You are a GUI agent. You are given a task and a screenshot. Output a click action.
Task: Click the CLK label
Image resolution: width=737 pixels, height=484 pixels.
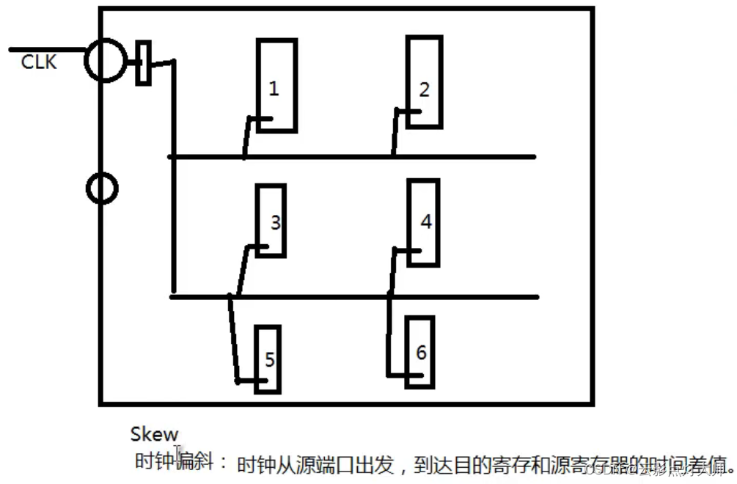(39, 62)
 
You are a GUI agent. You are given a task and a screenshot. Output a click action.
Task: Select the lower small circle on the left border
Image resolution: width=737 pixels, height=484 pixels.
(102, 188)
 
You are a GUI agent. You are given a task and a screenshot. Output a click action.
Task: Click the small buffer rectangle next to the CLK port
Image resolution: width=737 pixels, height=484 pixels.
(144, 63)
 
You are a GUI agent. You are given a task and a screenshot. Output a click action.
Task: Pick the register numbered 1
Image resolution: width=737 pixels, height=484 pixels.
(277, 84)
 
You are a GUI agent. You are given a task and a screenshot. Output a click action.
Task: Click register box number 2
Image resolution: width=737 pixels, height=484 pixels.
(425, 81)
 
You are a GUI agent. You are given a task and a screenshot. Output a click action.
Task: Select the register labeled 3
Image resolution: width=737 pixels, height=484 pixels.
(271, 220)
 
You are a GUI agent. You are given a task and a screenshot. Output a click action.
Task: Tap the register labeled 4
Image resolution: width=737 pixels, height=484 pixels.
(423, 222)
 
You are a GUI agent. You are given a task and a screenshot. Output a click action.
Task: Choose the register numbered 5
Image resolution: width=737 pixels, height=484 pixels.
(268, 359)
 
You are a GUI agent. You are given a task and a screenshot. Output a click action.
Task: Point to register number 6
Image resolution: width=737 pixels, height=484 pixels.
(420, 352)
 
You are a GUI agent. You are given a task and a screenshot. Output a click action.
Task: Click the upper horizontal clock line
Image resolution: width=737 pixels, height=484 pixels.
(352, 156)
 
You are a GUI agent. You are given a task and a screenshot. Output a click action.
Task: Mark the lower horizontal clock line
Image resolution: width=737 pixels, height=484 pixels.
(352, 297)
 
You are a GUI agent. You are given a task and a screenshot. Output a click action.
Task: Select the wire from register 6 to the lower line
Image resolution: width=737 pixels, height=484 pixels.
(389, 337)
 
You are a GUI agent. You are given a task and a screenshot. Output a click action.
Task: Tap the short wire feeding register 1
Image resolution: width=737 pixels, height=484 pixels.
(248, 136)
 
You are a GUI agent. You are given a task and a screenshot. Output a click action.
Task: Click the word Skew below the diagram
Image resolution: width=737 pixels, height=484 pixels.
(154, 434)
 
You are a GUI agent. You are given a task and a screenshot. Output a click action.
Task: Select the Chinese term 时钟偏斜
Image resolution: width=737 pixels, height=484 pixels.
(175, 461)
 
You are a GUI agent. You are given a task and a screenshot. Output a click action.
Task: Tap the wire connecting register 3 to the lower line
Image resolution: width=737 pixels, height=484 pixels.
(240, 271)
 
